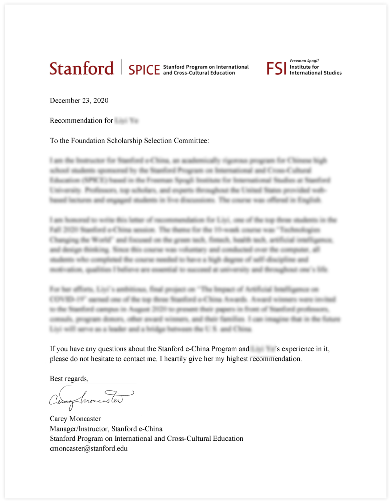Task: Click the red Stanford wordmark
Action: pos(81,68)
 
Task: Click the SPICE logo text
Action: pos(144,69)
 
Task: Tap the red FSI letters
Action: pos(276,68)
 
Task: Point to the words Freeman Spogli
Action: pos(304,61)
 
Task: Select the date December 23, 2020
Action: pos(79,101)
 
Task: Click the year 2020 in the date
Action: pos(101,101)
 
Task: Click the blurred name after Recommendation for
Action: pos(126,121)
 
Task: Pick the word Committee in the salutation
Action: pos(190,140)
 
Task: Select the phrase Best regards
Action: pos(69,379)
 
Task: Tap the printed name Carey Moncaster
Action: pos(75,419)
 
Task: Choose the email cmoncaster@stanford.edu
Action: pos(89,449)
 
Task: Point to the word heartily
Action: pos(181,359)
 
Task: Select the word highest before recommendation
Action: pos(237,359)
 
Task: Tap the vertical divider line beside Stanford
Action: pos(121,67)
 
